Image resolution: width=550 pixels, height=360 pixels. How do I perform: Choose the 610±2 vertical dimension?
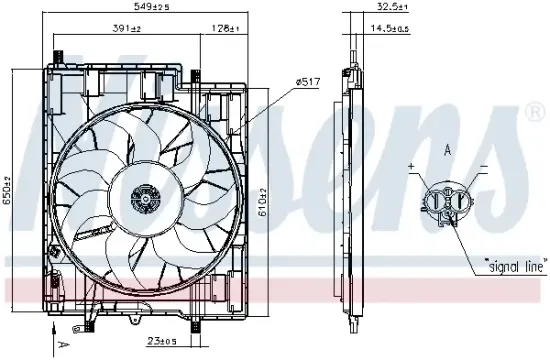tap(263, 201)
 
